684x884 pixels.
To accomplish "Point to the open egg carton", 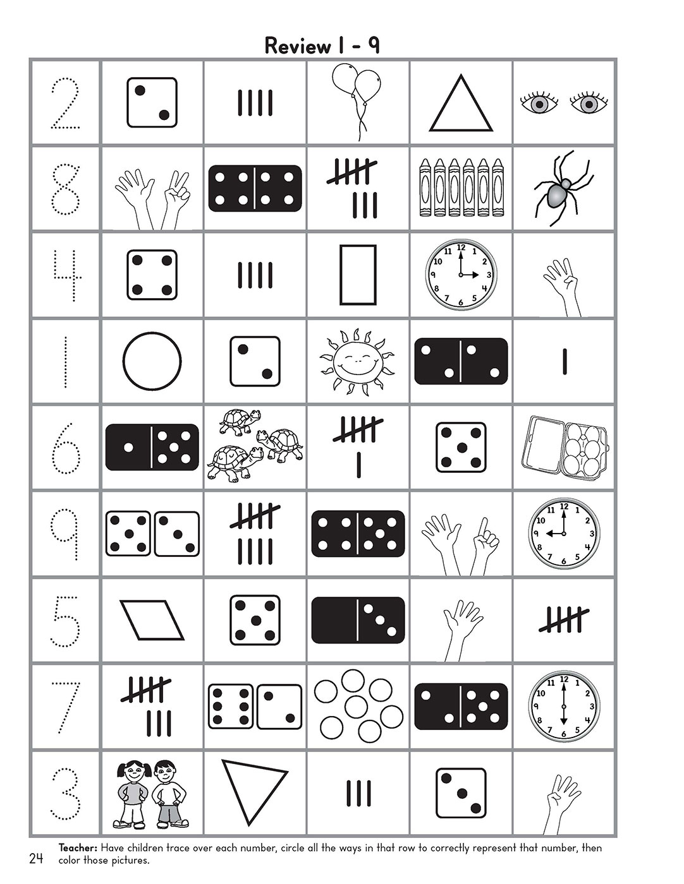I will pyautogui.click(x=564, y=449).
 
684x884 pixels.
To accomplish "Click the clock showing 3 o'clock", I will pyautogui.click(x=461, y=275).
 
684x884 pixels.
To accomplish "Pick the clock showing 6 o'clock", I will pyautogui.click(x=564, y=705).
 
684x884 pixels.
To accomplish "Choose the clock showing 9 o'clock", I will pyautogui.click(x=564, y=534).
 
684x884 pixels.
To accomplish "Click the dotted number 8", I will pyautogui.click(x=65, y=189).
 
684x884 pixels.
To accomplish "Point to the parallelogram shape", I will pyautogui.click(x=152, y=619).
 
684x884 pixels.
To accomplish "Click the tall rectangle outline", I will pyautogui.click(x=358, y=275).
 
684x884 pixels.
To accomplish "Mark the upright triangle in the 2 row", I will pyautogui.click(x=461, y=105).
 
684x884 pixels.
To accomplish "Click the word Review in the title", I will pyautogui.click(x=289, y=46).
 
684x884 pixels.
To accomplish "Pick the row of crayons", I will pyautogui.click(x=461, y=188).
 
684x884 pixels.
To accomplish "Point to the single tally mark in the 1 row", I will pyautogui.click(x=564, y=361).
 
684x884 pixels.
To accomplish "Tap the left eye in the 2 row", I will pyautogui.click(x=539, y=104).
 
